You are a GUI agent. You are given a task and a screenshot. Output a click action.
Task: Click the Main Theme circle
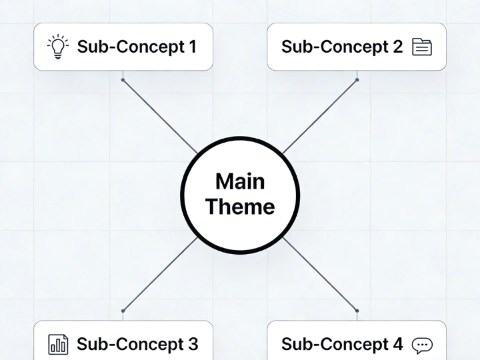pyautogui.click(x=240, y=194)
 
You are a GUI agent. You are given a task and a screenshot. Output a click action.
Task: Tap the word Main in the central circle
pyautogui.click(x=240, y=181)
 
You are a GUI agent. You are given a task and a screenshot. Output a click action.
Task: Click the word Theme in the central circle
pyautogui.click(x=240, y=207)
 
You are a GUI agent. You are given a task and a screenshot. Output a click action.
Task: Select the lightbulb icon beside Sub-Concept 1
pyautogui.click(x=58, y=47)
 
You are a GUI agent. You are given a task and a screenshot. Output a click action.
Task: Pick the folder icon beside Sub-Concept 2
pyautogui.click(x=422, y=47)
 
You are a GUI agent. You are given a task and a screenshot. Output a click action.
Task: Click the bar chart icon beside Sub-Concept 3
pyautogui.click(x=58, y=344)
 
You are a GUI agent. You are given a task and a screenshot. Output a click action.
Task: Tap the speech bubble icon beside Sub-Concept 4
pyautogui.click(x=422, y=345)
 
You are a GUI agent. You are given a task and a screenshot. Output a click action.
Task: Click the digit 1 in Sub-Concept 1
pyautogui.click(x=192, y=47)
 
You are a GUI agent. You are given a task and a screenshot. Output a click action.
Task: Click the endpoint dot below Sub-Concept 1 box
pyautogui.click(x=123, y=80)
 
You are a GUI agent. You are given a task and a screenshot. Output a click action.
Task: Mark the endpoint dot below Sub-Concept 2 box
pyautogui.click(x=357, y=80)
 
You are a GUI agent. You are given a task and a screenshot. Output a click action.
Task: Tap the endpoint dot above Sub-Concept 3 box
pyautogui.click(x=123, y=311)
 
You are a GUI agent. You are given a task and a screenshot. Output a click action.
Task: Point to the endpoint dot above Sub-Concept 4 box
pyautogui.click(x=357, y=311)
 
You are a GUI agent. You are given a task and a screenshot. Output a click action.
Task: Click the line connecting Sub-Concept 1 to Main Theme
pyautogui.click(x=160, y=117)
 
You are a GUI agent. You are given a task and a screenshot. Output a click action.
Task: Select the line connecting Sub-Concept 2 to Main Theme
pyautogui.click(x=320, y=117)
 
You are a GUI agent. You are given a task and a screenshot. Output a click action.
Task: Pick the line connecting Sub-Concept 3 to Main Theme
pyautogui.click(x=160, y=274)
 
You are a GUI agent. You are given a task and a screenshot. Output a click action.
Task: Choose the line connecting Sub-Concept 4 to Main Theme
pyautogui.click(x=320, y=274)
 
